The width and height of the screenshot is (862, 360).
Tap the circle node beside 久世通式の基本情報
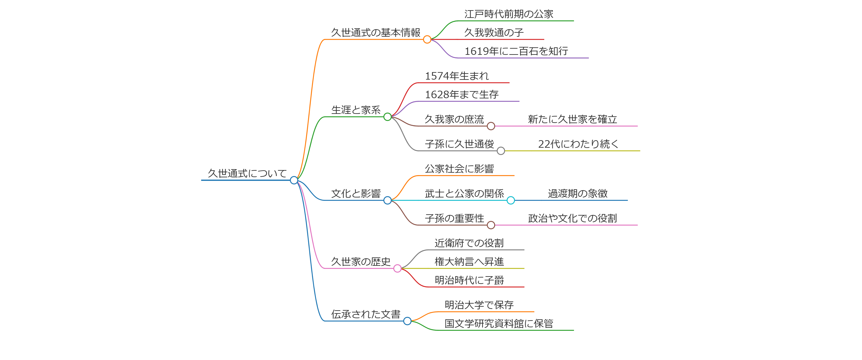[427, 40]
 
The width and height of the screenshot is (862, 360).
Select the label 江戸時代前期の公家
[509, 14]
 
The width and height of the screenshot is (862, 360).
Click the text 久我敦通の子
[494, 33]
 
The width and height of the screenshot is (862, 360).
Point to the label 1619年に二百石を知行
[516, 51]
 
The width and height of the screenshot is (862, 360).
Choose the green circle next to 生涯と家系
[387, 117]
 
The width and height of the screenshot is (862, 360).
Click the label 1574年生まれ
[457, 76]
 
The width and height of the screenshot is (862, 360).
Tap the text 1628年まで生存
[462, 95]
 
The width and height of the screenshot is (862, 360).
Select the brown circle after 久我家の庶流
[491, 126]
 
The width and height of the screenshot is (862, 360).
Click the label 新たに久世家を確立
[572, 119]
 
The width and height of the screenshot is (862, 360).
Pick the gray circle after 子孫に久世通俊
[501, 151]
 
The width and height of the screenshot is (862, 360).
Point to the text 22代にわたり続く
[578, 144]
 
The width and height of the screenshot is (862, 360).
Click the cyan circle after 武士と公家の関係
[511, 200]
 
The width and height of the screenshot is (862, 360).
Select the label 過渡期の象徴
[577, 194]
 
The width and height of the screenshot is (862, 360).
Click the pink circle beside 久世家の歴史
[397, 268]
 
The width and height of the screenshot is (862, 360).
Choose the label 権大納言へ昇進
[469, 262]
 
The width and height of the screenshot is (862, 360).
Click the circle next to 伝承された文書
[407, 321]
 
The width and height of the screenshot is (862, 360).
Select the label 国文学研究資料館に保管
[499, 324]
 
